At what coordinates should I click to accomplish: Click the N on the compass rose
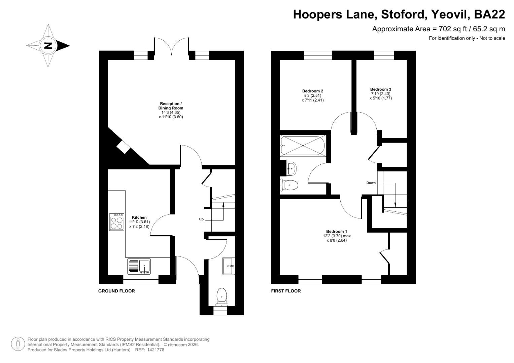[x=48, y=45]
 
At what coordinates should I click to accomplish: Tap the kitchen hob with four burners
[x=117, y=222]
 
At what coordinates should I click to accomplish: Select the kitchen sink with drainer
[x=139, y=267]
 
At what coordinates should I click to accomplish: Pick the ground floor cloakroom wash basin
[x=229, y=266]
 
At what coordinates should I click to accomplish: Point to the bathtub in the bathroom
[x=303, y=146]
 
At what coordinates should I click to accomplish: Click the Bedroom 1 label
[x=337, y=231]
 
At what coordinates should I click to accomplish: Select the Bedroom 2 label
[x=313, y=91]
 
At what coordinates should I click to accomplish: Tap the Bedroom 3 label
[x=381, y=89]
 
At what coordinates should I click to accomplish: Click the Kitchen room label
[x=139, y=217]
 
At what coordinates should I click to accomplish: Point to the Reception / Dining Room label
[x=171, y=106]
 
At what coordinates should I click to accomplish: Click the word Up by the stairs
[x=201, y=219]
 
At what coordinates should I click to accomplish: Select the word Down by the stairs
[x=371, y=183]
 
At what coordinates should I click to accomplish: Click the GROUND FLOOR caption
[x=116, y=291]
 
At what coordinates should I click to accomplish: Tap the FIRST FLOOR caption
[x=286, y=291]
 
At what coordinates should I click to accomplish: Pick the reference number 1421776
[x=154, y=350]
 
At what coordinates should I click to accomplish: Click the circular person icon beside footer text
[x=18, y=344]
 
